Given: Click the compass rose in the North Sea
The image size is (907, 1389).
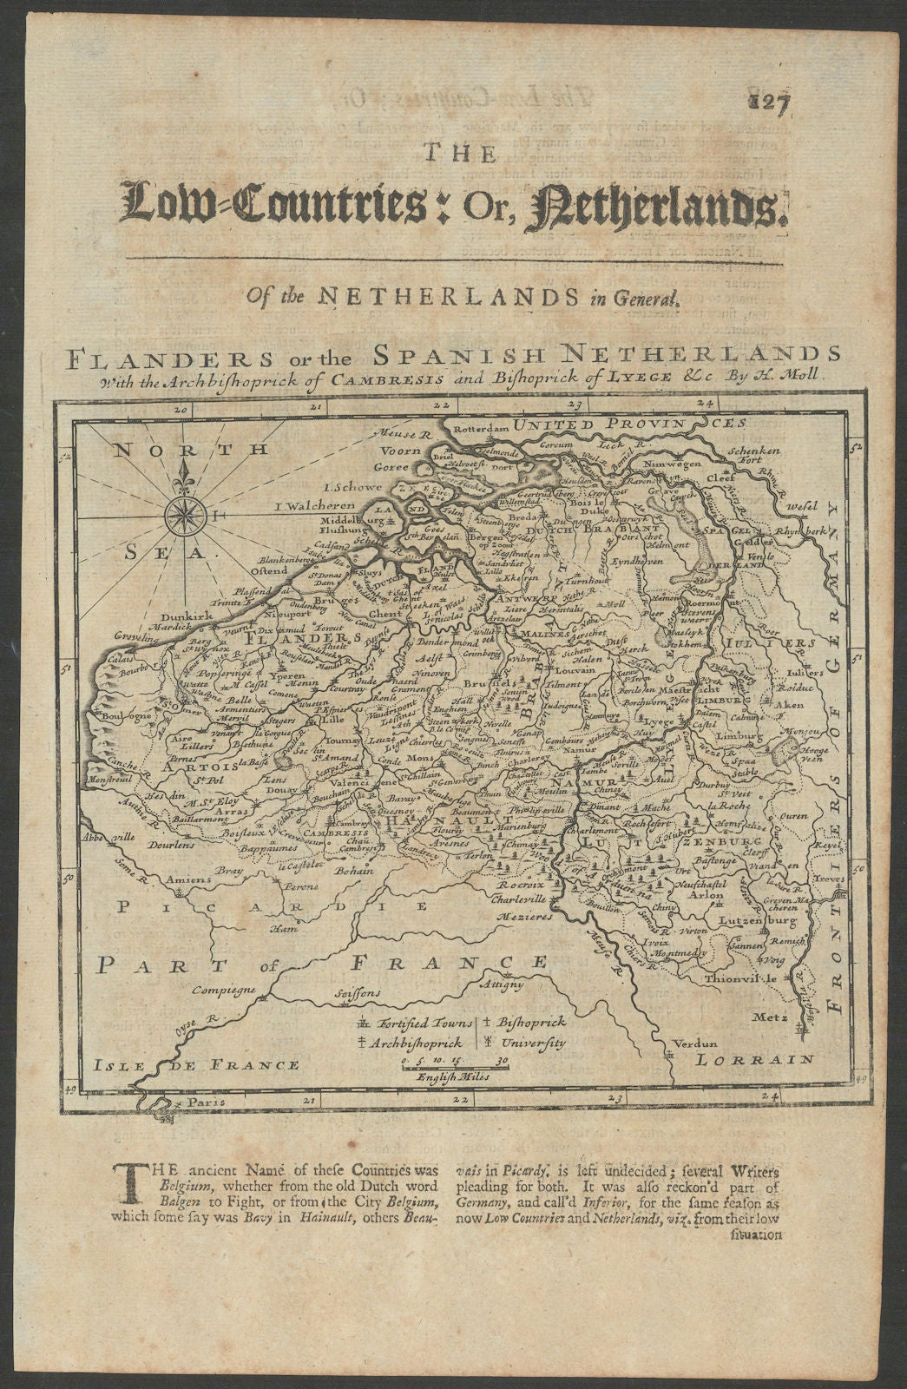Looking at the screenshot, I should point(184,515).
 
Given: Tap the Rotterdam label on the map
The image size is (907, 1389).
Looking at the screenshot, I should point(477,428).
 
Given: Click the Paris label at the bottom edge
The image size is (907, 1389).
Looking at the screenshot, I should point(196,1102).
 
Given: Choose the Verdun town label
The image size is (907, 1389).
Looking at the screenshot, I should point(693,1043).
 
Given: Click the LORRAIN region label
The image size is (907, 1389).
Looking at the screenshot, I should point(756,1059).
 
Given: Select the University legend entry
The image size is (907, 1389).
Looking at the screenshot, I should point(529,1042).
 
